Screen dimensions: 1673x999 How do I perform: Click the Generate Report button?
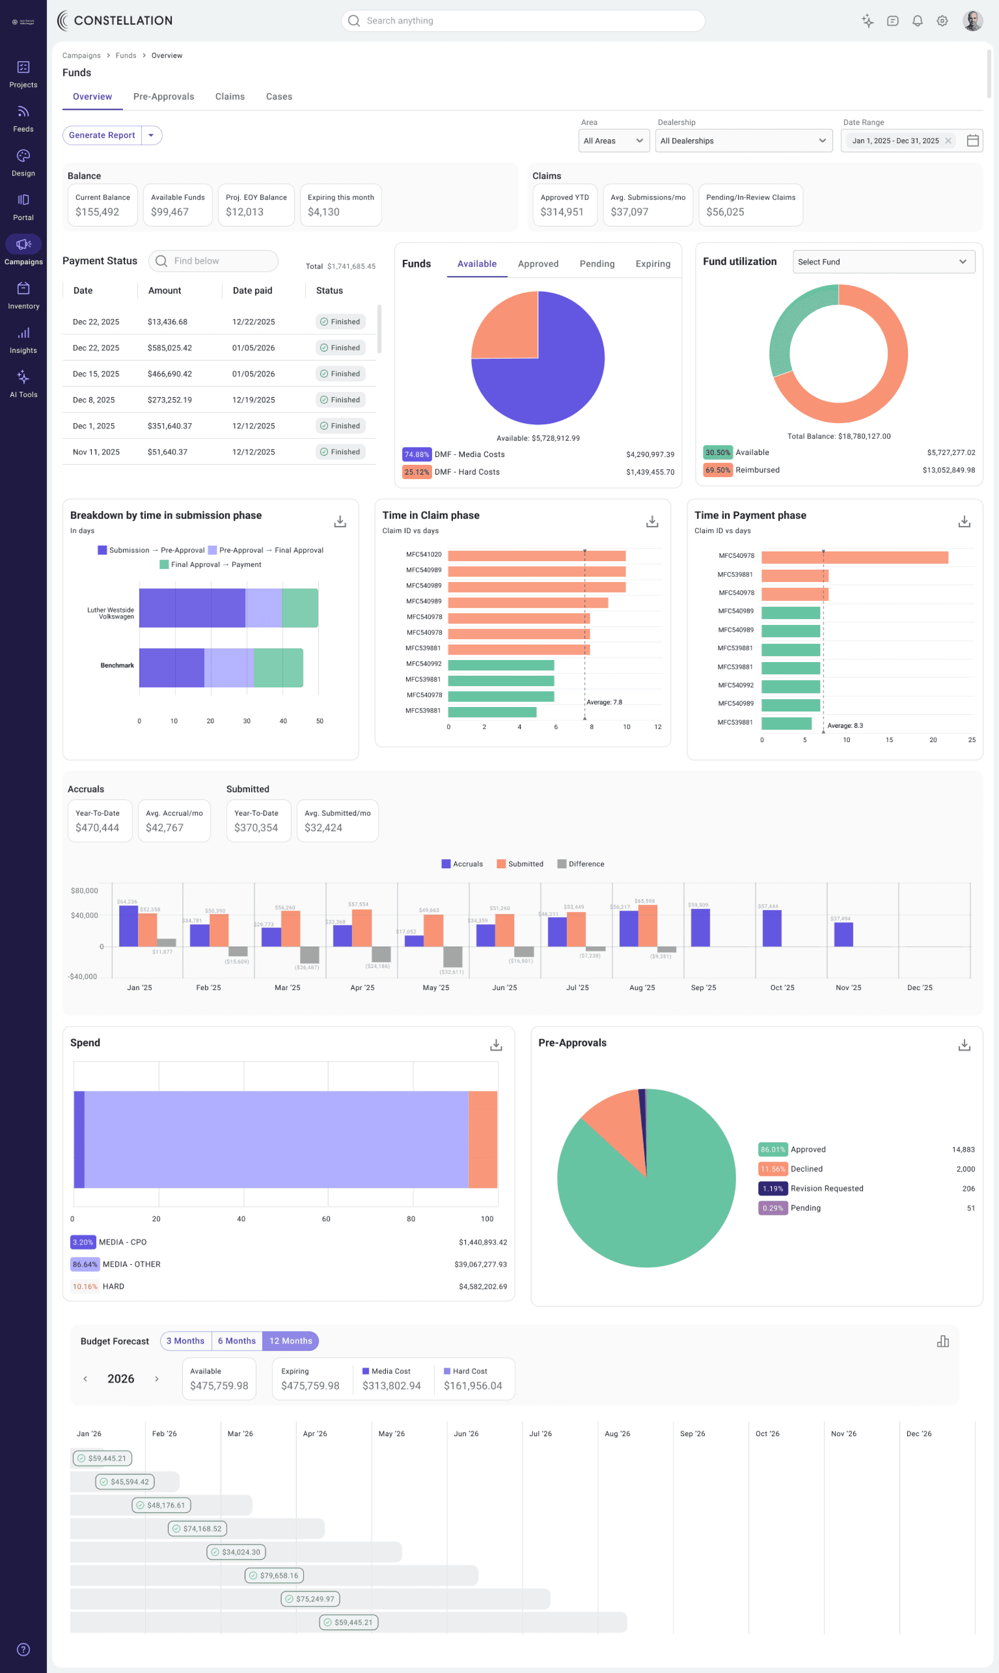coord(102,135)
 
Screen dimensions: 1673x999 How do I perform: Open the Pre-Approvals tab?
coord(164,97)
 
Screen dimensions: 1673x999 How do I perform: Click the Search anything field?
coord(523,21)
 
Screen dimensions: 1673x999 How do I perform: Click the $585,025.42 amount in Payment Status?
coord(169,348)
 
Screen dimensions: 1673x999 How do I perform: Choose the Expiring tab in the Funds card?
coord(652,264)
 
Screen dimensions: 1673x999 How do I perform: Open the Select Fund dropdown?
coord(883,262)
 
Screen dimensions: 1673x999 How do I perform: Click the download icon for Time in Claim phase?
coord(652,522)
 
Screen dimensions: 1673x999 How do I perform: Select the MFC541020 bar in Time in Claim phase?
coord(537,556)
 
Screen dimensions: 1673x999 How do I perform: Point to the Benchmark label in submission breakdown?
coord(117,665)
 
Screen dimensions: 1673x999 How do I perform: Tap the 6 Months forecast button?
coord(236,1341)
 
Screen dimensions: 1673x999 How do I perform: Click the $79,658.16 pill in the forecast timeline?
coord(274,1575)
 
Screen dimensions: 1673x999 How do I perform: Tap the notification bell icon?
coord(917,21)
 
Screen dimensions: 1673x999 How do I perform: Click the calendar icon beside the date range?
coord(972,141)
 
